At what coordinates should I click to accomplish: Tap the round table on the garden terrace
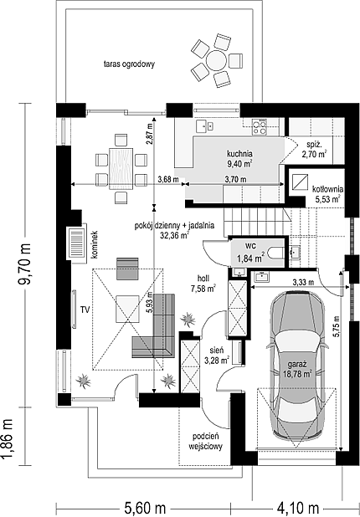pos(217,60)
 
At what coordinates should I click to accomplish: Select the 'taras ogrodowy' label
pos(130,64)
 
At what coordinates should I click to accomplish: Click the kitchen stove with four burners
pos(259,127)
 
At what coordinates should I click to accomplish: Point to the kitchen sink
pos(204,125)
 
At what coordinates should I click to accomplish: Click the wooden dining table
pos(121,168)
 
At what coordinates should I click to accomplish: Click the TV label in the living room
pos(85,310)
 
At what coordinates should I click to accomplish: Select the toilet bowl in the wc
pos(275,253)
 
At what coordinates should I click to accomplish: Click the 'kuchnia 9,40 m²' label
pos(239,158)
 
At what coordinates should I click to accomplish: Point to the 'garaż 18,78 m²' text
pos(297,369)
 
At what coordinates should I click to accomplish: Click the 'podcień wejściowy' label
pos(206,442)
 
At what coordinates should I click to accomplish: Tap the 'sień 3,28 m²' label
pos(217,356)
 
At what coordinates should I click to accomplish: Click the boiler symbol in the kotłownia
pos(300,182)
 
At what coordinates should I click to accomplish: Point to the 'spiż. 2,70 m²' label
pos(314,149)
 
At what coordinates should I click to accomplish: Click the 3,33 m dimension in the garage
pos(303,282)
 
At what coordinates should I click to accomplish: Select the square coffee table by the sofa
pos(127,309)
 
